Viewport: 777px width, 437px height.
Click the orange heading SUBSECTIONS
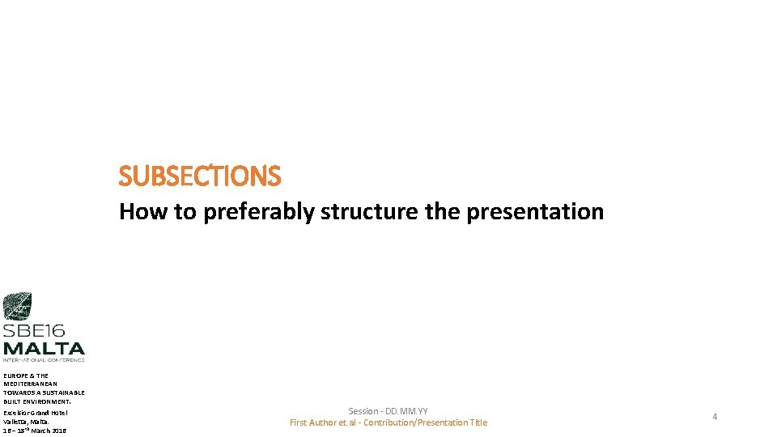pos(199,176)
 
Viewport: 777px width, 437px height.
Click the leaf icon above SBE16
pos(17,307)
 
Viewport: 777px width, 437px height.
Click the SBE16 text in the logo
pos(33,331)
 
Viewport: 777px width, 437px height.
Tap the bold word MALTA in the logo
pos(43,347)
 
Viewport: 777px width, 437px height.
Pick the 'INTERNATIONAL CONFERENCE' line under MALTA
pos(43,359)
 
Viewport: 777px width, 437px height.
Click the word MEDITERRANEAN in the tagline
pos(31,384)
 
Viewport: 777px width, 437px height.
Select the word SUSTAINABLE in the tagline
pos(64,392)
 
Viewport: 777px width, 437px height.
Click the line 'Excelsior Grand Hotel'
pos(35,413)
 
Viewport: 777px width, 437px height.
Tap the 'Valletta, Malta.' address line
pos(26,422)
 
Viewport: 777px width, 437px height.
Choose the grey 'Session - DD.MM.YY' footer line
pos(388,412)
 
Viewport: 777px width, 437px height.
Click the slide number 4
pos(715,417)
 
